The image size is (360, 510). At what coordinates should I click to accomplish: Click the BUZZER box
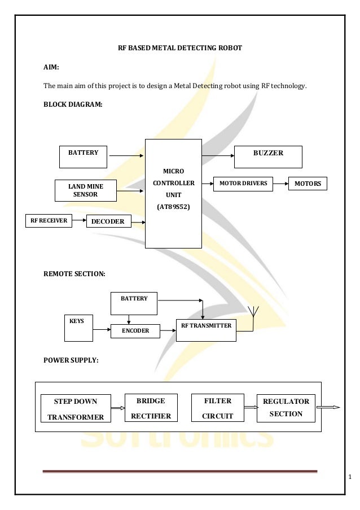pos(267,156)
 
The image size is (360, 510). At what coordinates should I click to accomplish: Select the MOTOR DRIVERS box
pos(243,184)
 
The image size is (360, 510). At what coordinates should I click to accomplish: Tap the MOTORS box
pos(308,184)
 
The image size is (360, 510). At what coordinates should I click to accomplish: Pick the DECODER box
pos(108,222)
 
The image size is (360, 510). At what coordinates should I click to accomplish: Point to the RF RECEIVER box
pos(49,221)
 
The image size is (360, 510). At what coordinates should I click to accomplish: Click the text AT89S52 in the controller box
pos(173,207)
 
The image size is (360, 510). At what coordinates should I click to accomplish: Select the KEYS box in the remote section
pos(78,328)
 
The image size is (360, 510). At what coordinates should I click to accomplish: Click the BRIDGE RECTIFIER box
pos(151,408)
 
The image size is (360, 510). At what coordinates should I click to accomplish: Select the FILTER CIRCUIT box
pos(217,408)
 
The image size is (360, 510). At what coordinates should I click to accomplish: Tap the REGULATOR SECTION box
pos(285,407)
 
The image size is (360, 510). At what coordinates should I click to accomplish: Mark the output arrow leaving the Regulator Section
pos(328,407)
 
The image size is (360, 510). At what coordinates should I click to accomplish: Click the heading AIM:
pos(51,67)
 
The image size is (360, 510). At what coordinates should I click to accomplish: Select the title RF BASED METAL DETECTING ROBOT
pos(179,48)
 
